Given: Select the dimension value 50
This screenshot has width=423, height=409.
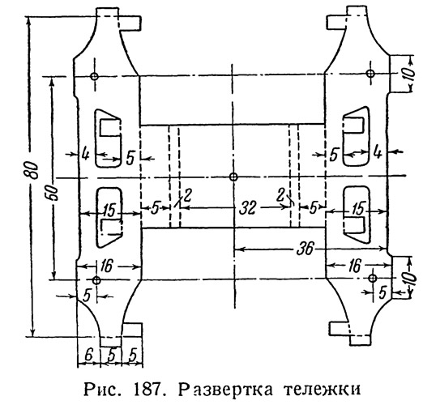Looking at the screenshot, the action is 53,193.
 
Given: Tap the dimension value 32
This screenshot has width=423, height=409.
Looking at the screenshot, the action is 247,208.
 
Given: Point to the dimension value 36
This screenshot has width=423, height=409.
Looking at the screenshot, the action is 305,249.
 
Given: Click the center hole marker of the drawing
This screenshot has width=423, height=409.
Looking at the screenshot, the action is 233,177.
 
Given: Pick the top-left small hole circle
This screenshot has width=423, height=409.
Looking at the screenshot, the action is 95,76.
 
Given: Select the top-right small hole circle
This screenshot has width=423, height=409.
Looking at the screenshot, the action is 370,73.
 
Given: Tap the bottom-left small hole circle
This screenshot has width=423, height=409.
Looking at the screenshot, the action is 96,280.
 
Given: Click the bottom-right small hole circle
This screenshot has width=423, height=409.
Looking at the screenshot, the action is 373,278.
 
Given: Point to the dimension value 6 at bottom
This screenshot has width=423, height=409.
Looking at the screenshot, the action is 88,355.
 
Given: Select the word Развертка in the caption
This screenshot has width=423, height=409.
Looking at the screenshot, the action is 225,390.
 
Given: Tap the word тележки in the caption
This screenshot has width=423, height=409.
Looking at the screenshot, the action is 323,390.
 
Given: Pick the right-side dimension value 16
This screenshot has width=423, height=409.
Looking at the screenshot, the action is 354,266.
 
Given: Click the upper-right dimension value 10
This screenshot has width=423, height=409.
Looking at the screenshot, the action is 408,73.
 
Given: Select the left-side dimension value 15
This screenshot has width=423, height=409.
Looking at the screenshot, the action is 109,210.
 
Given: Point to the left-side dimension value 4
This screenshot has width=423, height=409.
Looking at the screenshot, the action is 85,155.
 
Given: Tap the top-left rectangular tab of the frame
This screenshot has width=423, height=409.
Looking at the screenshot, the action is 130,23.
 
